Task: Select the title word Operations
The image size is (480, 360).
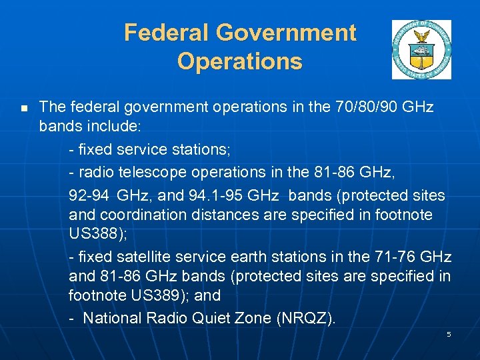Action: (240, 61)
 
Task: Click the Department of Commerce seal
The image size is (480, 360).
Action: (421, 49)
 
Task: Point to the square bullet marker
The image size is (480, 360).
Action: (24, 107)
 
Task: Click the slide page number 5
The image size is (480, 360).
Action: (449, 334)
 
